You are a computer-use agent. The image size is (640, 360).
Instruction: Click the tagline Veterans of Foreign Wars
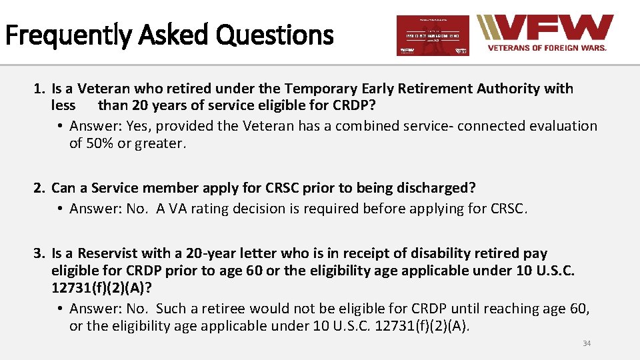click(x=547, y=48)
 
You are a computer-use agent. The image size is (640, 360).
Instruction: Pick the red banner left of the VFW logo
click(x=433, y=35)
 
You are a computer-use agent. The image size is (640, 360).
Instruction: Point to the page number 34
click(x=587, y=343)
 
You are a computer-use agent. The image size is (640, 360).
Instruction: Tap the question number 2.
click(x=39, y=189)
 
